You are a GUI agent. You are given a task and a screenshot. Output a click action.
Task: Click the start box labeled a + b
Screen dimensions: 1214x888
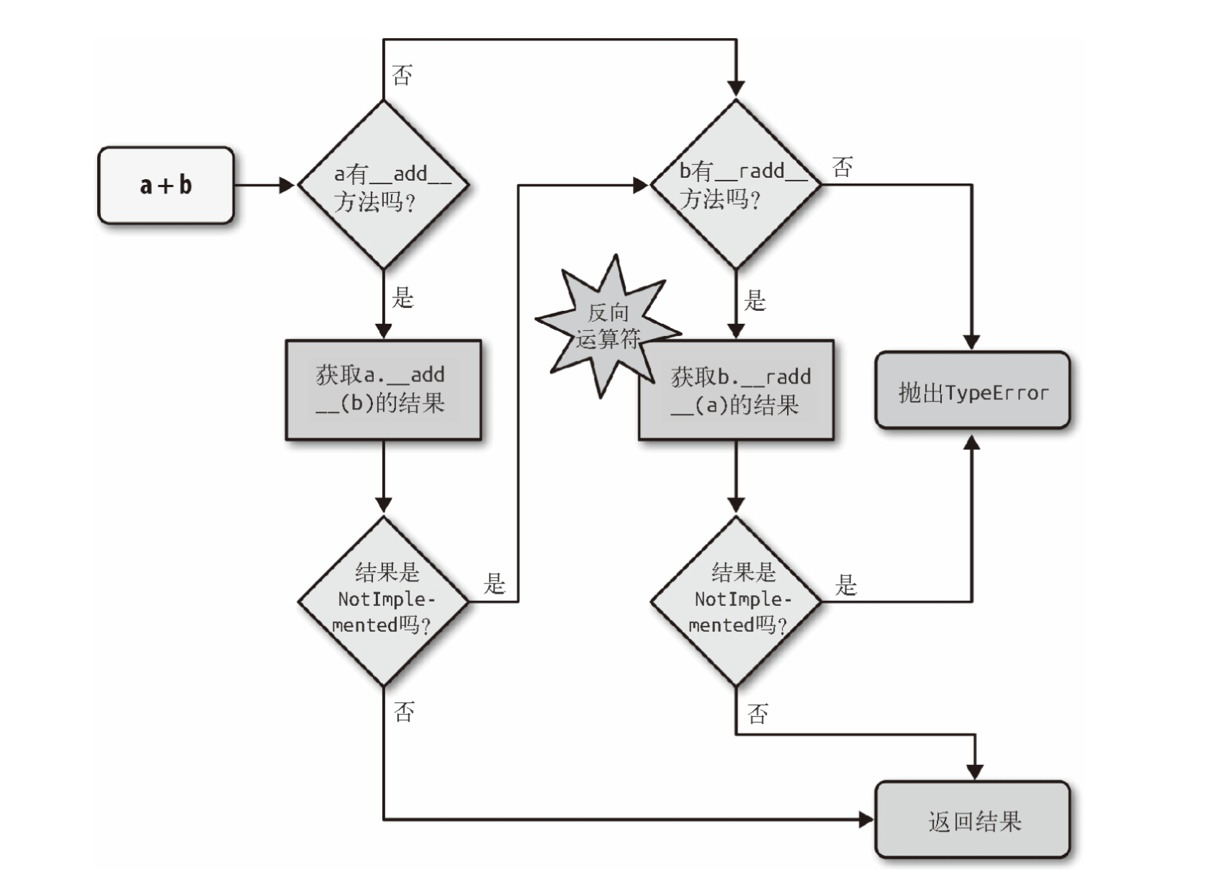[x=166, y=185]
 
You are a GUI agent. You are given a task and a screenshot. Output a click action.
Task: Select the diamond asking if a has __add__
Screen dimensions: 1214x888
[x=383, y=185]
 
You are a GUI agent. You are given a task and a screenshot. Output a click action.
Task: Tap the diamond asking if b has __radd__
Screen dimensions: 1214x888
[x=736, y=184]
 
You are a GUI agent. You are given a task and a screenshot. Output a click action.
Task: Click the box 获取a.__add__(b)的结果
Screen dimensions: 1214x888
[x=383, y=389]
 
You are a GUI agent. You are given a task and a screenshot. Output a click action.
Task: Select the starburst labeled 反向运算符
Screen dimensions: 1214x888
[x=608, y=326]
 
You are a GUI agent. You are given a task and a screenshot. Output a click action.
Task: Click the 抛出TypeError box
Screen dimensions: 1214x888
[x=973, y=390]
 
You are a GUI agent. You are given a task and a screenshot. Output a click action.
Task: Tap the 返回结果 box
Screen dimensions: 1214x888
[x=973, y=819]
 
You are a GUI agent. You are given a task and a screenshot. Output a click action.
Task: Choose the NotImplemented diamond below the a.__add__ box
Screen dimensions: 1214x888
[x=383, y=602]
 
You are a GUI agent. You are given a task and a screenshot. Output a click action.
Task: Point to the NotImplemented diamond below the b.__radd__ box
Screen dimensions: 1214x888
[x=736, y=602]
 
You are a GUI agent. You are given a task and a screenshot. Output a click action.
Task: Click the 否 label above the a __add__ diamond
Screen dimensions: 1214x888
[x=402, y=75]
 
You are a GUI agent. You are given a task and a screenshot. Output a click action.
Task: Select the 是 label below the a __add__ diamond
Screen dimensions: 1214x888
[x=403, y=297]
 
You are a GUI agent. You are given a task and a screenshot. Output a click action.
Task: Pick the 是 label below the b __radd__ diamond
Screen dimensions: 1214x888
[x=755, y=299]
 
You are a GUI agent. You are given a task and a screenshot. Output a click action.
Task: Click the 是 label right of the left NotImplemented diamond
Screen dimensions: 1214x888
[x=494, y=584]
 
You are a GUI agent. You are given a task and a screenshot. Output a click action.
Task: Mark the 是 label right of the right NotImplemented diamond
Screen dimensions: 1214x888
[x=846, y=584]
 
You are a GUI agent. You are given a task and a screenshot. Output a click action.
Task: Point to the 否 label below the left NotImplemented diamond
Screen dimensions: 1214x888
[x=404, y=712]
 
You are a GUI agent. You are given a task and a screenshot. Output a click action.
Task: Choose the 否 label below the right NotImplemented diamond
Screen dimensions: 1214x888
[x=757, y=714]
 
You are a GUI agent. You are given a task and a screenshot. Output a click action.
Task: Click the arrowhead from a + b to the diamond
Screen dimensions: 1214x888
[x=287, y=185]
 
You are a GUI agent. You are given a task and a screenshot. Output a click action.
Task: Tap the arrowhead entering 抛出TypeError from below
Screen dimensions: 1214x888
[x=972, y=442]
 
